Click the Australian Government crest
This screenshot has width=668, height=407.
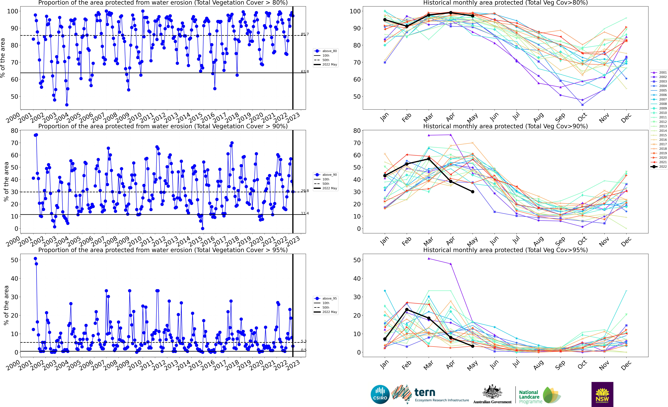pos(492,392)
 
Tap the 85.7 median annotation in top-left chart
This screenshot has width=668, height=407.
pos(305,34)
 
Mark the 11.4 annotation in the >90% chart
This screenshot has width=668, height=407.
pos(305,213)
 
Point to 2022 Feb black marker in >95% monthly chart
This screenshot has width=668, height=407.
pos(407,310)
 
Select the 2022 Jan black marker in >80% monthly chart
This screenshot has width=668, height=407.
pos(385,20)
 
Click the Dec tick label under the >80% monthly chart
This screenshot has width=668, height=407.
pos(626,118)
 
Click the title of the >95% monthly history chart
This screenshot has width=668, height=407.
pos(505,250)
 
